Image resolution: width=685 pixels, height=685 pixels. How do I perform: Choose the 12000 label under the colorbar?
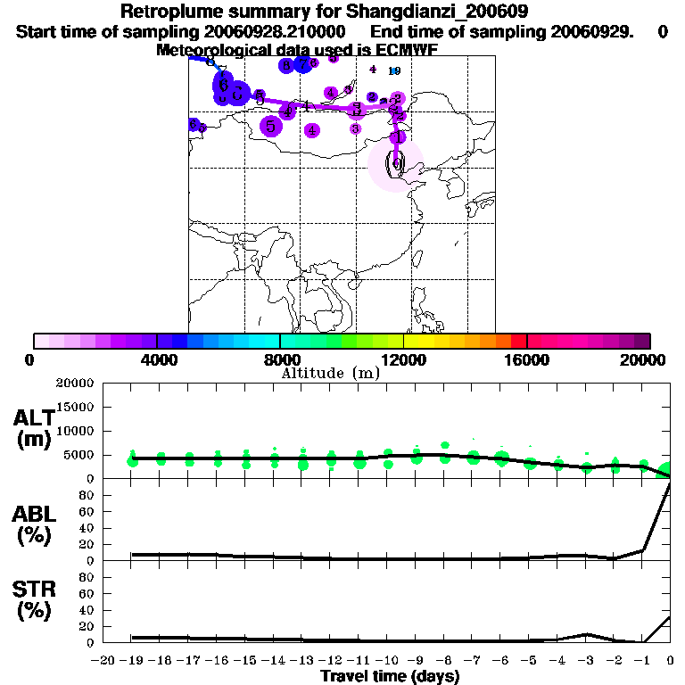point(403,359)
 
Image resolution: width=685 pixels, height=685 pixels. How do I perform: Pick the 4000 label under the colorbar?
point(156,359)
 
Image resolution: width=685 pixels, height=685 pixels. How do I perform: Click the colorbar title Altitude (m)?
point(330,373)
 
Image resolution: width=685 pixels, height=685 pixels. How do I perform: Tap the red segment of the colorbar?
point(518,341)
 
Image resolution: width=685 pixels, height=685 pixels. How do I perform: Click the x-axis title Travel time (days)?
point(390,677)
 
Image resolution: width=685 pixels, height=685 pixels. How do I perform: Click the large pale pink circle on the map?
point(395,166)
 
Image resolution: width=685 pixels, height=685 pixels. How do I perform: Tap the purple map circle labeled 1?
point(399,136)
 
